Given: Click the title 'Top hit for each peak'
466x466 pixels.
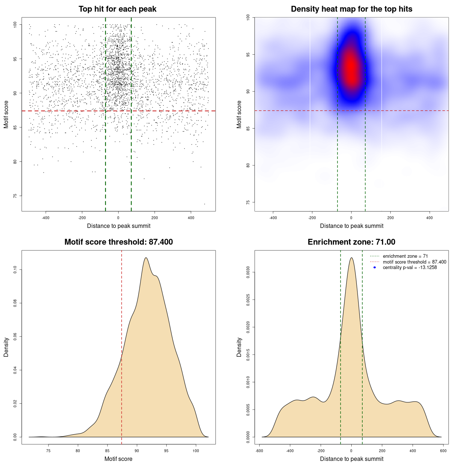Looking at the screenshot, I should click(x=118, y=9).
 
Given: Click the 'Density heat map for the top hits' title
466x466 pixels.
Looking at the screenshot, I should click(x=351, y=9).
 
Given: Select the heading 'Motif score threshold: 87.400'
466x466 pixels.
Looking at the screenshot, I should click(x=118, y=242).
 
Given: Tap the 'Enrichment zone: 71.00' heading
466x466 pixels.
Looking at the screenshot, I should click(x=351, y=242).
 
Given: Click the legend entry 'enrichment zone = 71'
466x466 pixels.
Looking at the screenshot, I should click(x=405, y=256).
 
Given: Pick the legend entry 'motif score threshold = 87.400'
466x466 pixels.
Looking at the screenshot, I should click(x=414, y=262).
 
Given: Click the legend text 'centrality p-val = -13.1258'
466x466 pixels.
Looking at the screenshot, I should click(x=410, y=268).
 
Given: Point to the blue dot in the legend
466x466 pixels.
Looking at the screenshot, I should click(x=375, y=268).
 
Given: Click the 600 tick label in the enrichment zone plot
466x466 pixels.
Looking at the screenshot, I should click(x=443, y=451).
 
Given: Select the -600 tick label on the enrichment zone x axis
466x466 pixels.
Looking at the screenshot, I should click(x=259, y=451).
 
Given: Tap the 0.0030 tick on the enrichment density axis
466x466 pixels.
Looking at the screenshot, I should click(x=248, y=272).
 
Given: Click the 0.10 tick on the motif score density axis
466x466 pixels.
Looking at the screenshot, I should click(x=15, y=269).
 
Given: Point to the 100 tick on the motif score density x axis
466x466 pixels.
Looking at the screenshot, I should click(x=196, y=451).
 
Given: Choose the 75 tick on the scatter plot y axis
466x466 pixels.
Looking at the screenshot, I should click(x=15, y=196).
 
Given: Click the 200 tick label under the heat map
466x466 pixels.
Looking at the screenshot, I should click(x=390, y=218).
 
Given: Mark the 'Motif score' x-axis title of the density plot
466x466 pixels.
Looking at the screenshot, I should click(x=118, y=459).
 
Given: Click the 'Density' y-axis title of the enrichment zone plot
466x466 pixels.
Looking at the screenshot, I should click(x=239, y=347).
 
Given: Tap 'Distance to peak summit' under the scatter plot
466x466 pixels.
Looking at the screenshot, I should click(x=119, y=226).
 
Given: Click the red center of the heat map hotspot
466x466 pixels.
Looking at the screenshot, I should click(x=351, y=67).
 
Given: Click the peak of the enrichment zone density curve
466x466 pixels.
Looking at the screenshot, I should click(x=351, y=258).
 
